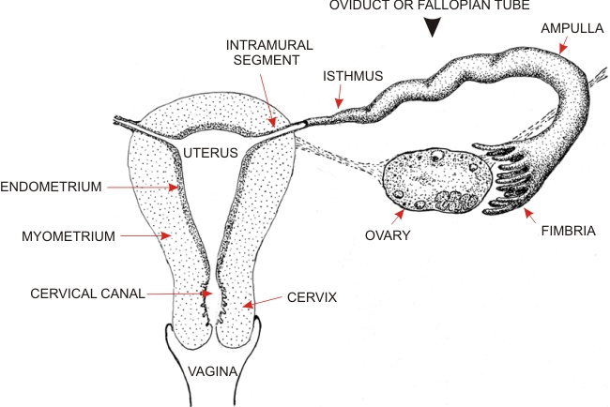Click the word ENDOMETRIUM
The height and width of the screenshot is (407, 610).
[51, 187]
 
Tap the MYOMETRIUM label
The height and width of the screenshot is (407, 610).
[69, 236]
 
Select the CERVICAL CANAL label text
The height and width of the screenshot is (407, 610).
[87, 294]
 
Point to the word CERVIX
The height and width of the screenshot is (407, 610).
[312, 297]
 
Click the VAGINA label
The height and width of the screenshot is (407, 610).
[213, 371]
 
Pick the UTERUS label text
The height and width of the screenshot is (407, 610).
[210, 153]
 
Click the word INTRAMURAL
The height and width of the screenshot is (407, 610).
[269, 45]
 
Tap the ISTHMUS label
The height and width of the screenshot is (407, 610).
[353, 76]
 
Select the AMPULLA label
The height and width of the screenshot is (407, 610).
[572, 28]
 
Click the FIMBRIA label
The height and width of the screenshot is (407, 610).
[569, 231]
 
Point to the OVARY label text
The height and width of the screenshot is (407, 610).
[388, 235]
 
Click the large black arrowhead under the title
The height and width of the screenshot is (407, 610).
[433, 27]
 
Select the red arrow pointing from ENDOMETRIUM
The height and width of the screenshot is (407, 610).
[143, 188]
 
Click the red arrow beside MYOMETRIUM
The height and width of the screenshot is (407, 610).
[145, 235]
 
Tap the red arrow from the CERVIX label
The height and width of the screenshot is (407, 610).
[262, 302]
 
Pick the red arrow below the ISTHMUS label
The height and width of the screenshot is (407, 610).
[340, 97]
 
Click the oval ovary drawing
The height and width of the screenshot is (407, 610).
[437, 180]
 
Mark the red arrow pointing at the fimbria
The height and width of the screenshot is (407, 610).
[529, 216]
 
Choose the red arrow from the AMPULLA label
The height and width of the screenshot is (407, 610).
[563, 45]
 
